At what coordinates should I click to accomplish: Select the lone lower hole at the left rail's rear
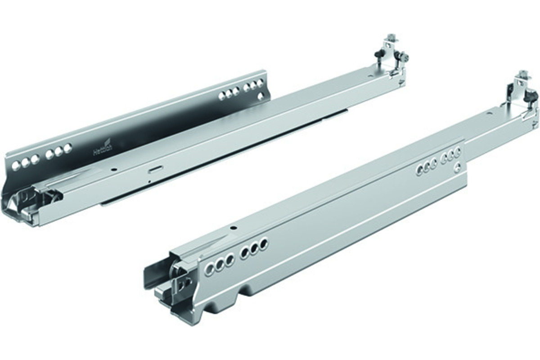tap(260, 95)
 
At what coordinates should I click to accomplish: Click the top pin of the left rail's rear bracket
tap(391, 37)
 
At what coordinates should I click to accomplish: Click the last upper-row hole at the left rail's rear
tap(260, 84)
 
